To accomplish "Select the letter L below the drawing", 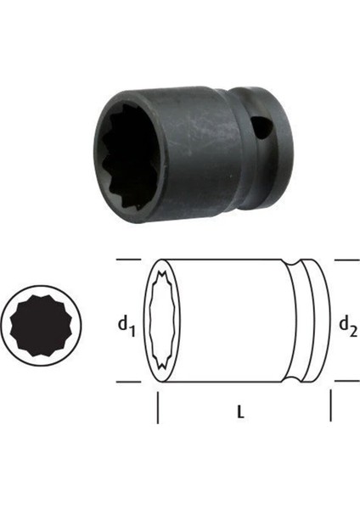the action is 240,412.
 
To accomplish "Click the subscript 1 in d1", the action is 132,332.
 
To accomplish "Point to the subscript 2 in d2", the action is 354,332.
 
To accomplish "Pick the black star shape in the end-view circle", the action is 40,326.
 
